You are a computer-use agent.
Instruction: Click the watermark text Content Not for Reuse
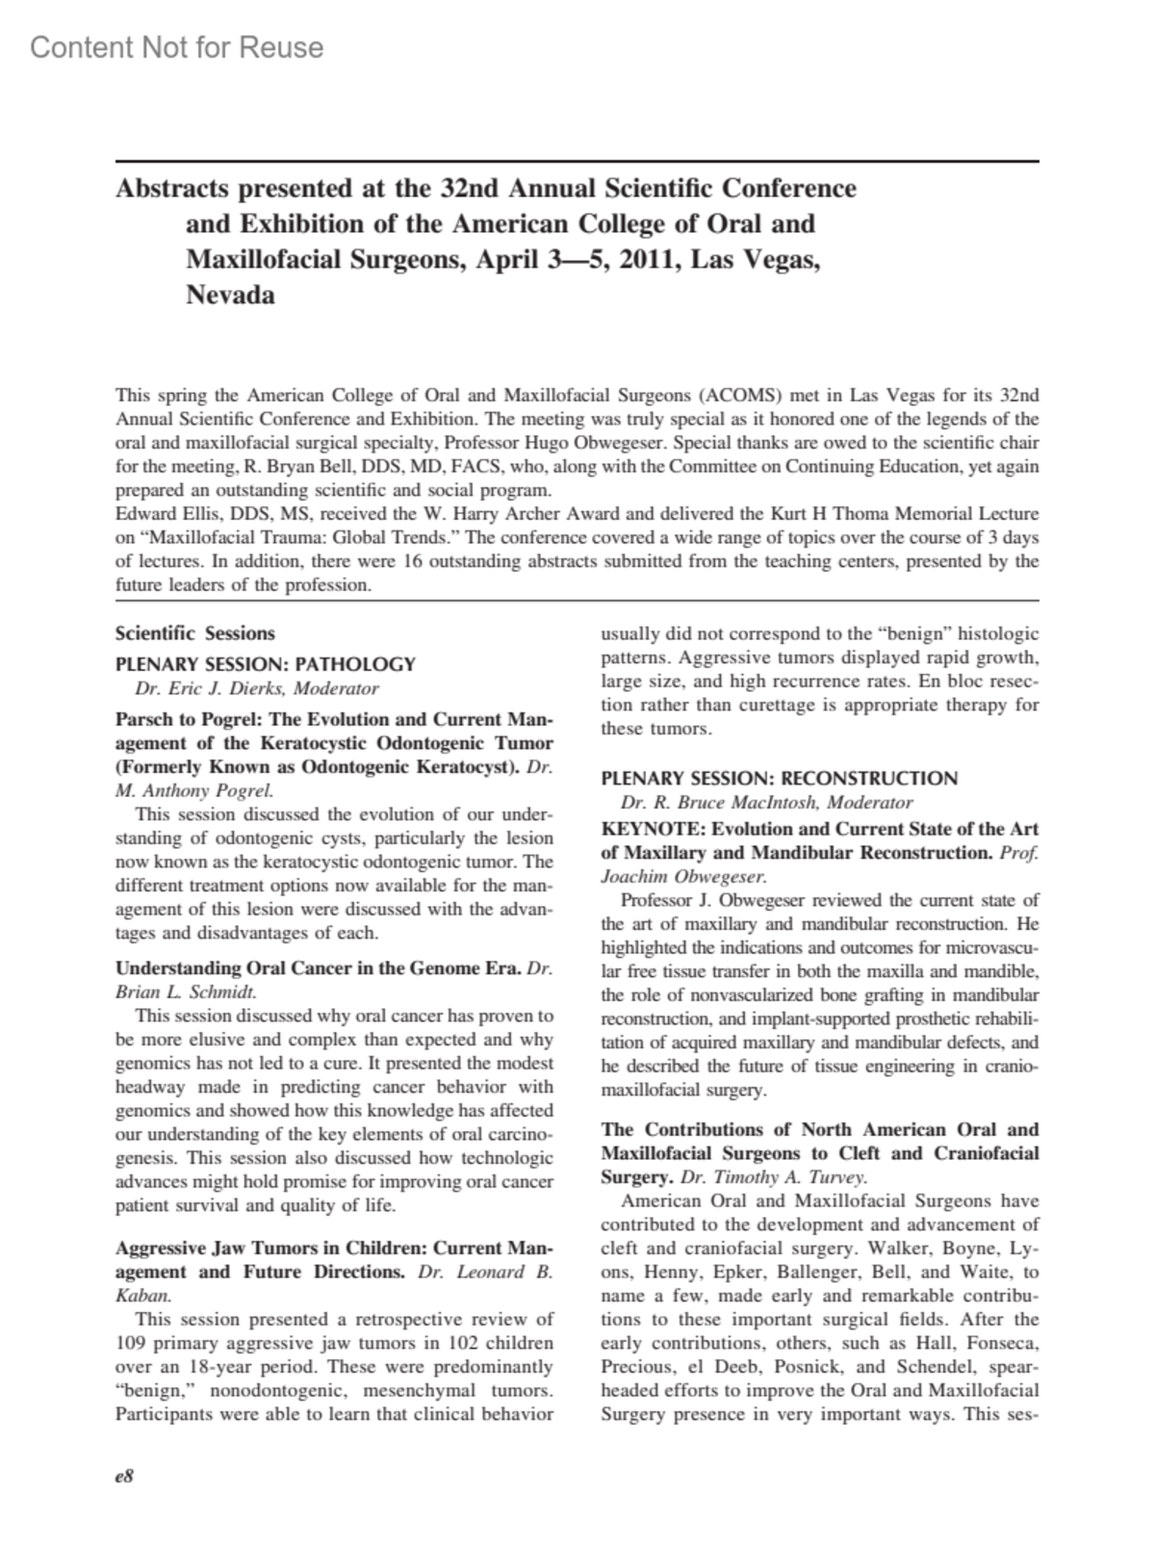177,47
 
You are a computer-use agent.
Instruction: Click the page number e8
124,1476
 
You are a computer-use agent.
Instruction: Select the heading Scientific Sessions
195,633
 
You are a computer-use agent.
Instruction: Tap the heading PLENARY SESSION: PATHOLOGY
266,664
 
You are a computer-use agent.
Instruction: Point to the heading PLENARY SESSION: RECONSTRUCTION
780,779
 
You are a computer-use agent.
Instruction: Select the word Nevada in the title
230,295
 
